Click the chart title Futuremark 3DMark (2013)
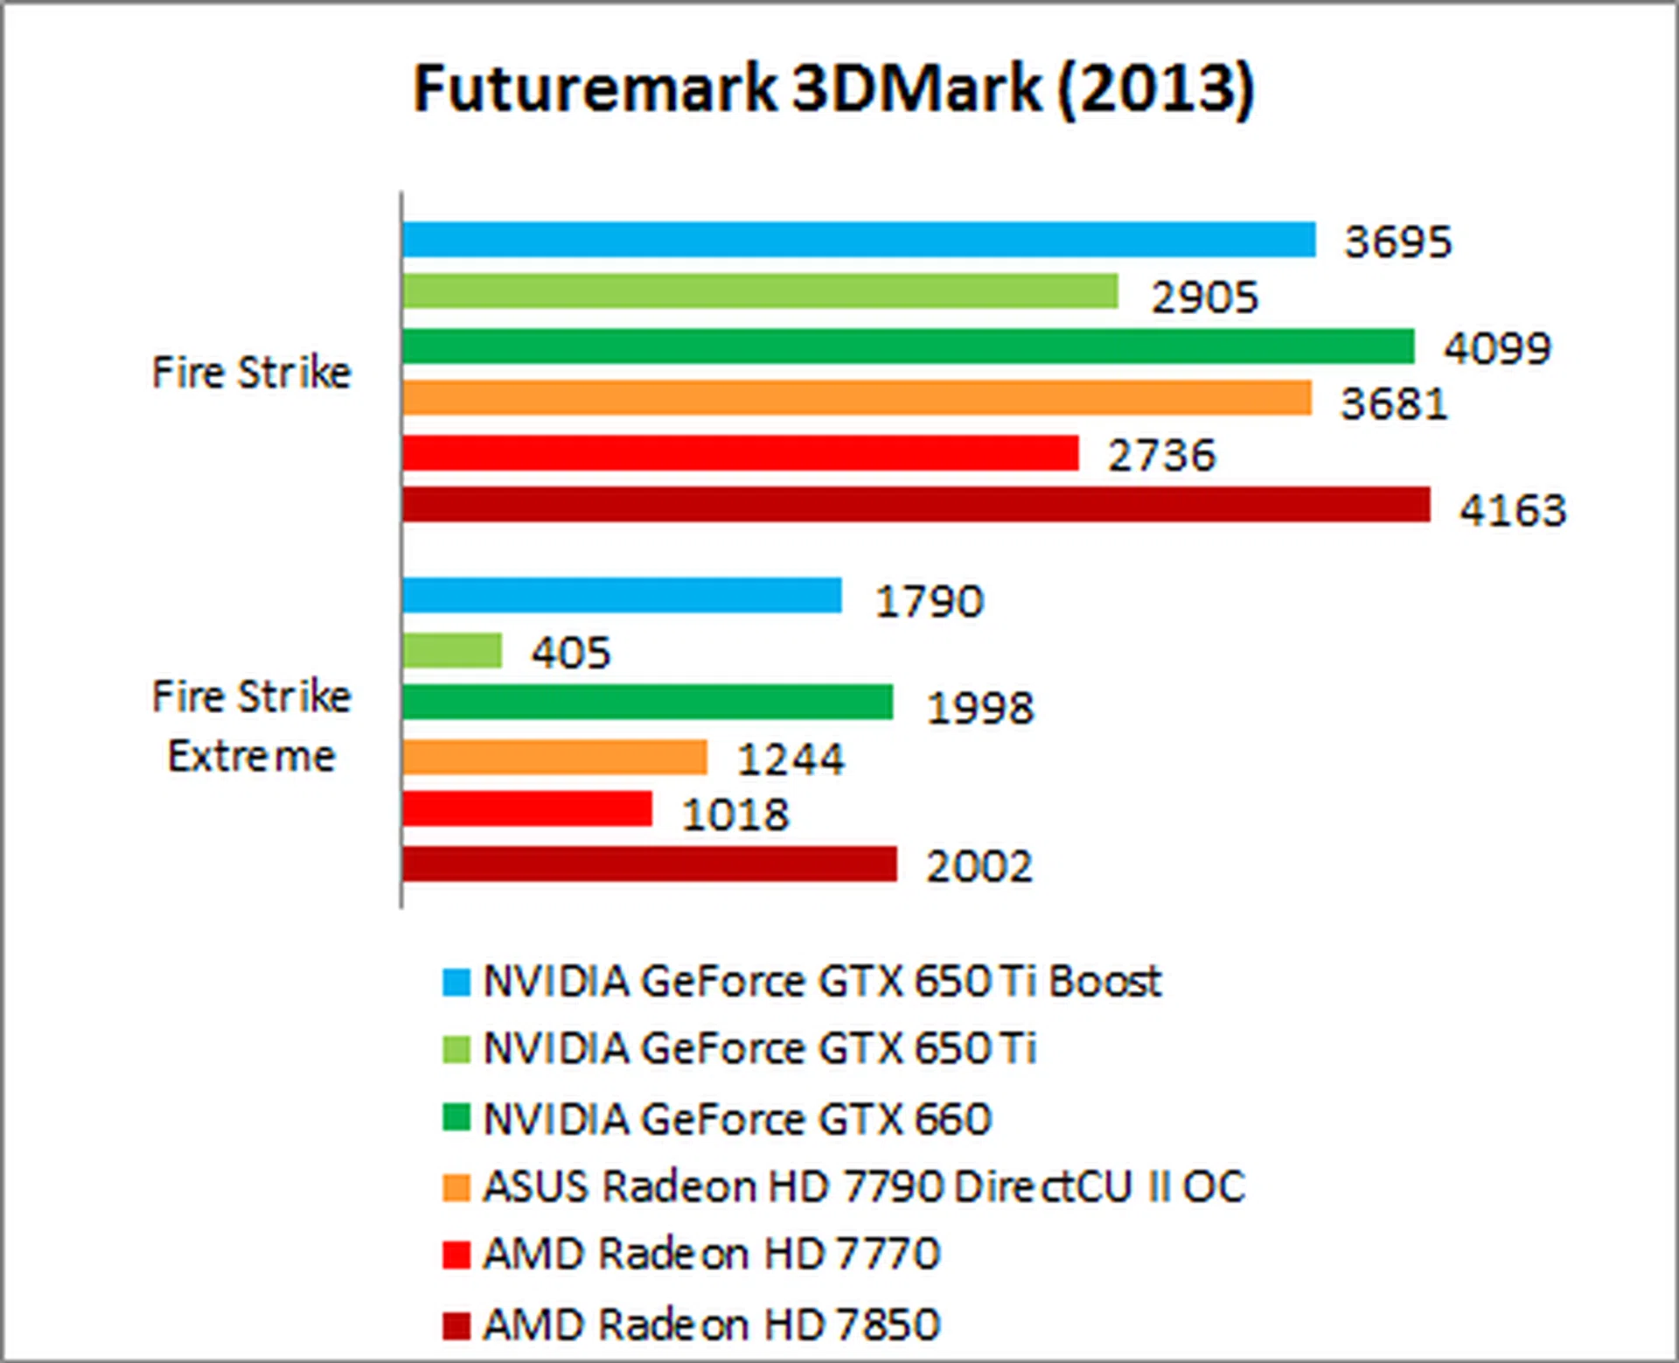coord(833,88)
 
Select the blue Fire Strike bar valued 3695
coord(859,240)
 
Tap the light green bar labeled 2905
coord(760,291)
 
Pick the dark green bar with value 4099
coord(908,346)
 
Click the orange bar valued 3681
coord(857,398)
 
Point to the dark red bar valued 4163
coord(916,505)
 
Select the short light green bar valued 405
coord(452,650)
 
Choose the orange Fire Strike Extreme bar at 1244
coord(554,757)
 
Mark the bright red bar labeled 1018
coord(527,808)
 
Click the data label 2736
coord(1161,456)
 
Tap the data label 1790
coord(930,602)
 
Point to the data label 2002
coord(979,867)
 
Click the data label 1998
coord(980,708)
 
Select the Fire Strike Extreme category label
coord(252,726)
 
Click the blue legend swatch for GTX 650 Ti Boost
coord(456,982)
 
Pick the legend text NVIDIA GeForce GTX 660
coord(737,1119)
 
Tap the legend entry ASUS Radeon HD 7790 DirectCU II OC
coord(864,1187)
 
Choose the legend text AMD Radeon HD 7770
coord(712,1254)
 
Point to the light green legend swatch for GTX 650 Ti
coord(456,1049)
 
